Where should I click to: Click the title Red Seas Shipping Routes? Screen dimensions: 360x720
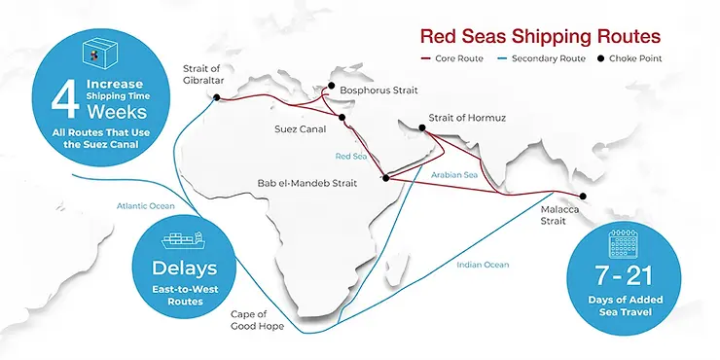point(540,36)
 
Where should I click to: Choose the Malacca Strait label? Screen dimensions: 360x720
point(559,214)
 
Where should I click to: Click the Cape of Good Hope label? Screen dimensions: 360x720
point(257,321)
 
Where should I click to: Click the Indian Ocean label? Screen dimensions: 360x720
point(484,264)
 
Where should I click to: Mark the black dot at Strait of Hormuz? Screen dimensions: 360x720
point(421,126)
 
